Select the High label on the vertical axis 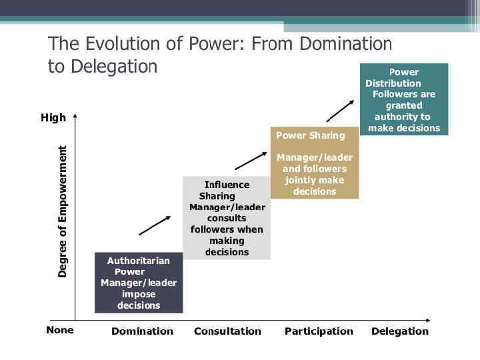(53, 118)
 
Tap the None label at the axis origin (60, 330)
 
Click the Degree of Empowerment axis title (63, 211)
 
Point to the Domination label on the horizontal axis (142, 331)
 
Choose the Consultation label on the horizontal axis (227, 331)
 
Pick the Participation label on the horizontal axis (319, 331)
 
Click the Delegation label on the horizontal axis (400, 331)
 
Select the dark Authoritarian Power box (139, 283)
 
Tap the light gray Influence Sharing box (227, 218)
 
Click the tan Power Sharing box (314, 163)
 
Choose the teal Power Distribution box (404, 99)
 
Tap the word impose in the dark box (139, 294)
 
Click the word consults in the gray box (227, 218)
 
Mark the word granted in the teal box (404, 105)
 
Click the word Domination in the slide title (345, 44)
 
